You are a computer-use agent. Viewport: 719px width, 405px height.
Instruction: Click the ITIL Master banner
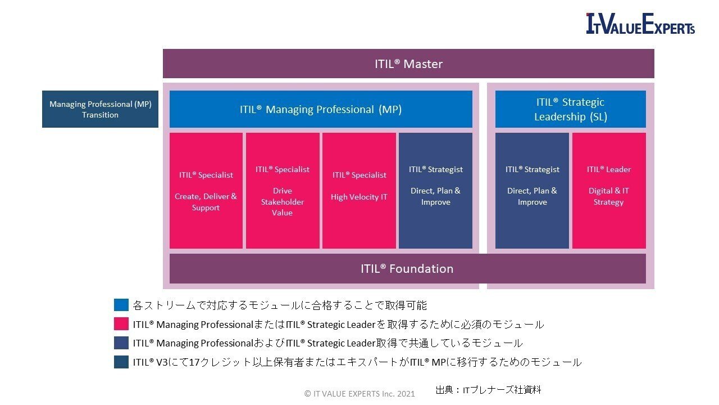(408, 64)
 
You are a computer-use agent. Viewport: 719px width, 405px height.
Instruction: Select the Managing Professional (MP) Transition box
(100, 109)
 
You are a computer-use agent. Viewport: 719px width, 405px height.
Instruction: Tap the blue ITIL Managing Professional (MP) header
(321, 109)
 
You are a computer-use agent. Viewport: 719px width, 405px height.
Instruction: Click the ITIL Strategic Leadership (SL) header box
(570, 109)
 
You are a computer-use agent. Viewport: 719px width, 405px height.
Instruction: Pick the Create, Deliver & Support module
(206, 191)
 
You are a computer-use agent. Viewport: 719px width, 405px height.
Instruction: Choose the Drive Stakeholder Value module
(283, 191)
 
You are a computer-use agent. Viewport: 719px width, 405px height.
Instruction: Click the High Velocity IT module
(359, 191)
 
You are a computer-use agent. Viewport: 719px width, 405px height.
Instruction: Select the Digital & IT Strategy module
(609, 191)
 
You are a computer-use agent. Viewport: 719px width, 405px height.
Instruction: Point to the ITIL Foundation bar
(407, 268)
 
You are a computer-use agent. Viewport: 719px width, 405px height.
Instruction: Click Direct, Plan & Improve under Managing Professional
(435, 191)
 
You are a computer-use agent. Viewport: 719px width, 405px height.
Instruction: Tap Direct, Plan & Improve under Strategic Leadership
(532, 191)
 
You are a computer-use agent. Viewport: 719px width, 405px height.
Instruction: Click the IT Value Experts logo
(640, 24)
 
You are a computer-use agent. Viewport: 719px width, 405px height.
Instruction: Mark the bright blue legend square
(121, 305)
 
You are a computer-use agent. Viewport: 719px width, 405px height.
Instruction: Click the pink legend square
(121, 324)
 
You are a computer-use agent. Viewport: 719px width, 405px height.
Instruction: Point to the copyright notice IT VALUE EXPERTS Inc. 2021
(359, 394)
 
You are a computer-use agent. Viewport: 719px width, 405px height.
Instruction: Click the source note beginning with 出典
(488, 389)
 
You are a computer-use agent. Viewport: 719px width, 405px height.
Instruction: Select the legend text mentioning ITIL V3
(357, 362)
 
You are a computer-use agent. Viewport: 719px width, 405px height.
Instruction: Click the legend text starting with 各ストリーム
(280, 305)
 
